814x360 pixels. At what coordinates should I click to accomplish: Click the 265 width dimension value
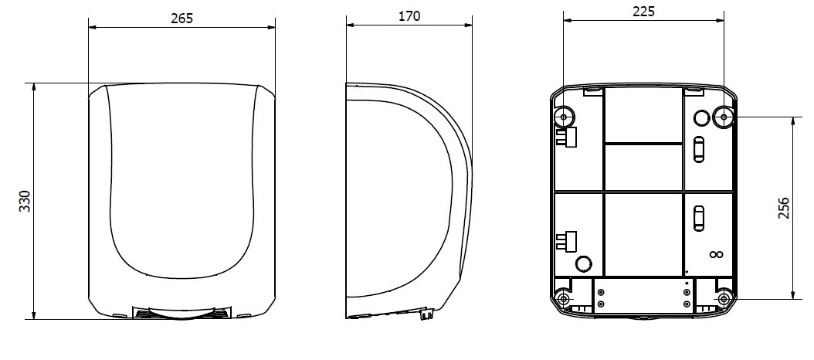tap(181, 19)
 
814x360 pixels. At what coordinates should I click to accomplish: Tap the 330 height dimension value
tap(25, 201)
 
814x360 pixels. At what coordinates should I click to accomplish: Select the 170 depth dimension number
tap(409, 16)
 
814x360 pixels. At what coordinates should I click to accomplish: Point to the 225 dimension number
tap(644, 12)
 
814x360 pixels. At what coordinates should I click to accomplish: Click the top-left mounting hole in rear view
tap(565, 117)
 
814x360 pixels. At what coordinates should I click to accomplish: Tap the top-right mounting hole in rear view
tap(724, 117)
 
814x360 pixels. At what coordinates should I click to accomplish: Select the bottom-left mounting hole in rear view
tap(564, 299)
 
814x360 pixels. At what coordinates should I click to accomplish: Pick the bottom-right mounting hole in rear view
tap(724, 299)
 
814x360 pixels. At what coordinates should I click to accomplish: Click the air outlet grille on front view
tap(181, 313)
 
